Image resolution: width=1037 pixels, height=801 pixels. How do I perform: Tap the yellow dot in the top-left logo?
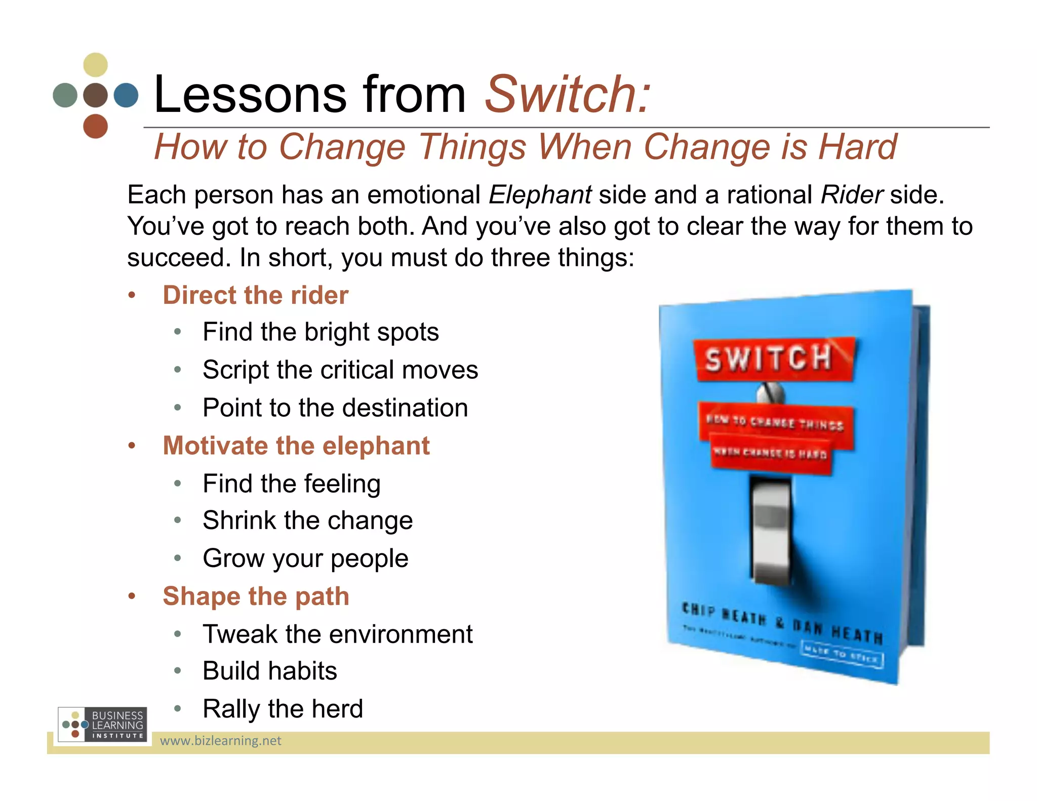point(95,65)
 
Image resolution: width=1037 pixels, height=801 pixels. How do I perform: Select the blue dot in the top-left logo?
point(126,95)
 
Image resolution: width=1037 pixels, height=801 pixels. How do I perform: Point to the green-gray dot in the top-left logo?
point(65,95)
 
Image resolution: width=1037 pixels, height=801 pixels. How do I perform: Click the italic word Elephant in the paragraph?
point(540,195)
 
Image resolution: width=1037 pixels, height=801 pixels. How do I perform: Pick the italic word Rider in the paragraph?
point(852,195)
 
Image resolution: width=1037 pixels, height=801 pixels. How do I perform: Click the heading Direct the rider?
point(255,295)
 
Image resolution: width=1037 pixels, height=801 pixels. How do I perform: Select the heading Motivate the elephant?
point(296,446)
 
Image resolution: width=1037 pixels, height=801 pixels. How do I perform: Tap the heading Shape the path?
point(256,596)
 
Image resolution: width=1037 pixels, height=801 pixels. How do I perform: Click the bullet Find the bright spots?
point(321,332)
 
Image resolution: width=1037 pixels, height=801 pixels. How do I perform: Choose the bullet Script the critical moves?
point(340,370)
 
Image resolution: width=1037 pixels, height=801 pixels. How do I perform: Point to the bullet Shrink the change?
point(307,520)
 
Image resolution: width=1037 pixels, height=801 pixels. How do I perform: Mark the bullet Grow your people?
point(305,558)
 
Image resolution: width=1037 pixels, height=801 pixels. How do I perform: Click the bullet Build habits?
point(269,671)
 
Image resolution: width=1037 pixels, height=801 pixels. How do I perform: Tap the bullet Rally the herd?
point(283,709)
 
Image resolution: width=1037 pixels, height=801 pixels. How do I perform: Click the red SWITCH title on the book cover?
point(769,358)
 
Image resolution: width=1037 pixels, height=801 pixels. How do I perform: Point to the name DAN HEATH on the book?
point(838,631)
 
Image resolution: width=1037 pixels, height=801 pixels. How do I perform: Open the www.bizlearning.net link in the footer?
point(220,741)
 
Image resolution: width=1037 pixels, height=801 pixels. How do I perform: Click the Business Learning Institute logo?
point(103,725)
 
